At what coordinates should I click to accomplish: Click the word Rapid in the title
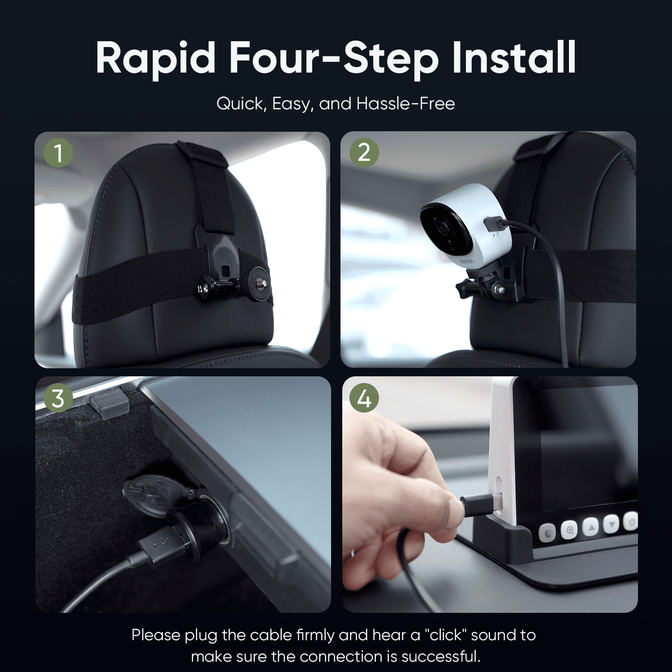pos(156,58)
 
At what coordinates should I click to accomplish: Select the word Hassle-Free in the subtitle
pos(405,103)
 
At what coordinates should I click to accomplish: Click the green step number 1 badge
pos(58,153)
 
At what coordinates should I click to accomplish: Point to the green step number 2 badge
pos(364,153)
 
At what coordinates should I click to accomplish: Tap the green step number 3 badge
pos(58,398)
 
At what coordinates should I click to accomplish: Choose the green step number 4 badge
pos(364,398)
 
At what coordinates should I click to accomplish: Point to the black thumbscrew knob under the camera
pos(466,287)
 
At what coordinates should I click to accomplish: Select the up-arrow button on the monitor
pos(591,527)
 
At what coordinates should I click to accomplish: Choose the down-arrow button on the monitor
pos(612,524)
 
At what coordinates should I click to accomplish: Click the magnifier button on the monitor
pos(569,530)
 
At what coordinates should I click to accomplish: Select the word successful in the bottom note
pos(441,656)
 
